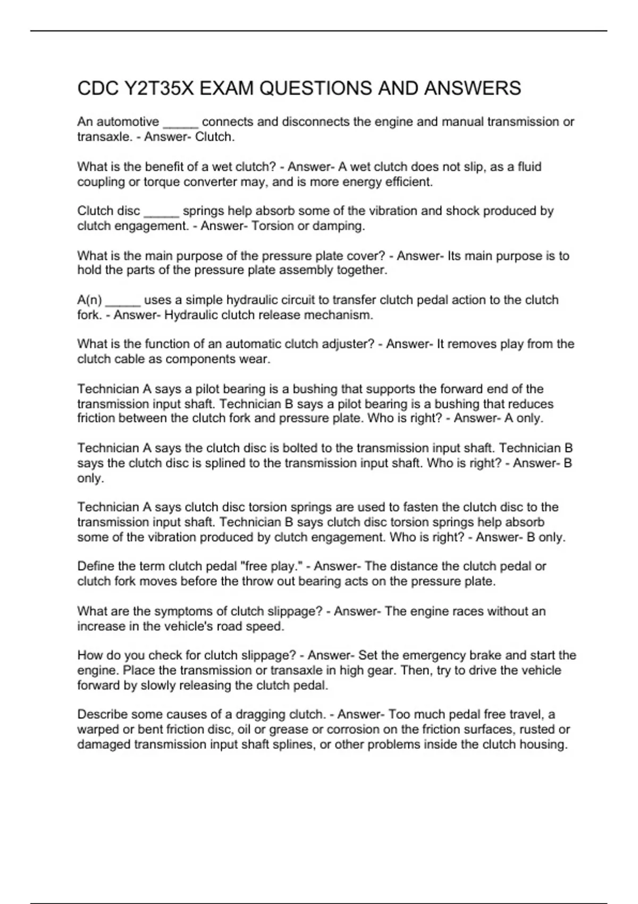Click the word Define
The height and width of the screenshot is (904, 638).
[94, 566]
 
